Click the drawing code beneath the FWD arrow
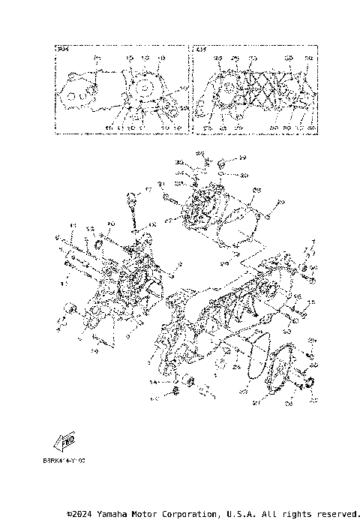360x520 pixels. (x=64, y=459)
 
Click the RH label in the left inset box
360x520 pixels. (x=63, y=50)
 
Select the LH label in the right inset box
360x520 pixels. (x=201, y=50)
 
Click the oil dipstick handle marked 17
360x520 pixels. (x=131, y=198)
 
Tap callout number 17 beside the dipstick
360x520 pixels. (x=148, y=188)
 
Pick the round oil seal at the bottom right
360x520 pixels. (x=307, y=386)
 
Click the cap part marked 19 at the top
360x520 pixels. (x=223, y=163)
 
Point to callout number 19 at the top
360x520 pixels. (x=243, y=158)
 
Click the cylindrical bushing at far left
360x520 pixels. (x=69, y=308)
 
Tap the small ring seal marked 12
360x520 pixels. (x=97, y=245)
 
